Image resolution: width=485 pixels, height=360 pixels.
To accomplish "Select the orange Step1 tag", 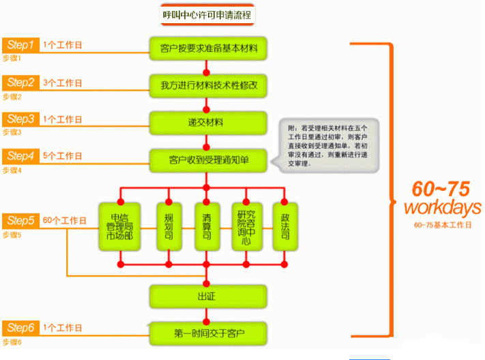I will (20, 45).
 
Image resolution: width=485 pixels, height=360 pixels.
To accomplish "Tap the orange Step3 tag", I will (20, 119).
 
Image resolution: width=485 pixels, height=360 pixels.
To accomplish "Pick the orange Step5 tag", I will (20, 220).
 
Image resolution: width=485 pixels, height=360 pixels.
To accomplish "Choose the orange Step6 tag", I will (20, 328).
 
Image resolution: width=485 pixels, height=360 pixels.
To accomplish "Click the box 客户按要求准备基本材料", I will (209, 48).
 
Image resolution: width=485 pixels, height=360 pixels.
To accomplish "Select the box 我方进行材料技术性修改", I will (209, 85).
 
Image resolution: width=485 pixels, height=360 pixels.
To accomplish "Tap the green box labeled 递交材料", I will (209, 123).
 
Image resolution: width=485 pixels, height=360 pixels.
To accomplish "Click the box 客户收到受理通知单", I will (209, 160).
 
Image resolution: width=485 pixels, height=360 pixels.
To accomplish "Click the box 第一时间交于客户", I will (209, 333).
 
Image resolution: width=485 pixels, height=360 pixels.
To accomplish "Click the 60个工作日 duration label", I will (65, 221).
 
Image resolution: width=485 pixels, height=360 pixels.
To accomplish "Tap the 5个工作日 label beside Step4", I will (62, 156).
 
